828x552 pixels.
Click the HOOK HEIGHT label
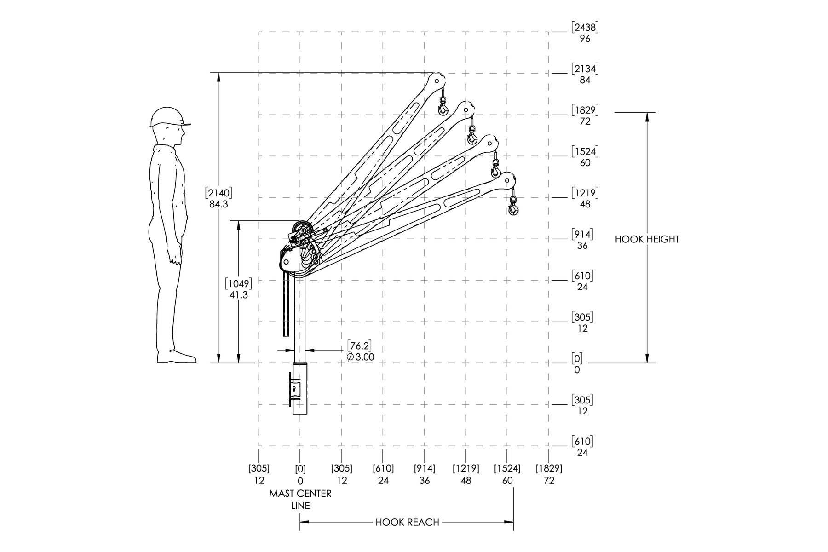click(647, 239)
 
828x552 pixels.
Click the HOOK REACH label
click(407, 522)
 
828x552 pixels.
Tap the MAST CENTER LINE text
click(300, 500)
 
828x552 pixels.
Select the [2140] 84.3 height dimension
click(218, 198)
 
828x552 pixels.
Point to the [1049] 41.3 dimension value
click(239, 289)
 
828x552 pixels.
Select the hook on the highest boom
click(443, 106)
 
